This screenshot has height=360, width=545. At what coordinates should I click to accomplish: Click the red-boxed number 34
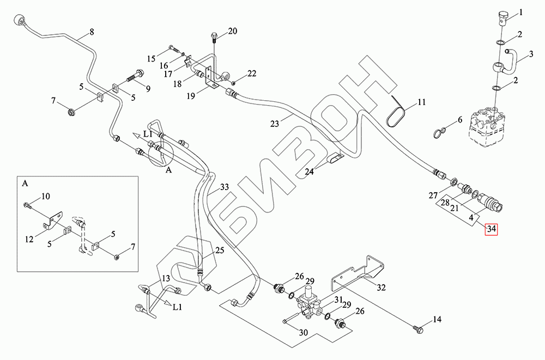[492, 229]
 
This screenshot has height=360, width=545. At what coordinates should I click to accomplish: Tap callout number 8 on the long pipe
[92, 32]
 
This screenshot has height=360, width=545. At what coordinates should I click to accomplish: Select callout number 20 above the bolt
[233, 31]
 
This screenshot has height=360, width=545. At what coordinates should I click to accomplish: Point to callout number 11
[421, 102]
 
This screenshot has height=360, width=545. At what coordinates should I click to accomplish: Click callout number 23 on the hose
[274, 124]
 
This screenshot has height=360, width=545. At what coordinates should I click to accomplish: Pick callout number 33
[224, 187]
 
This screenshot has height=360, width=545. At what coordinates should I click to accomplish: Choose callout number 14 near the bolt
[437, 319]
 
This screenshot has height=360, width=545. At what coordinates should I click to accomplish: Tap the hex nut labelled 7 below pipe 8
[70, 113]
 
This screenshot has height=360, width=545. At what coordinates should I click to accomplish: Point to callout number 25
[219, 251]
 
